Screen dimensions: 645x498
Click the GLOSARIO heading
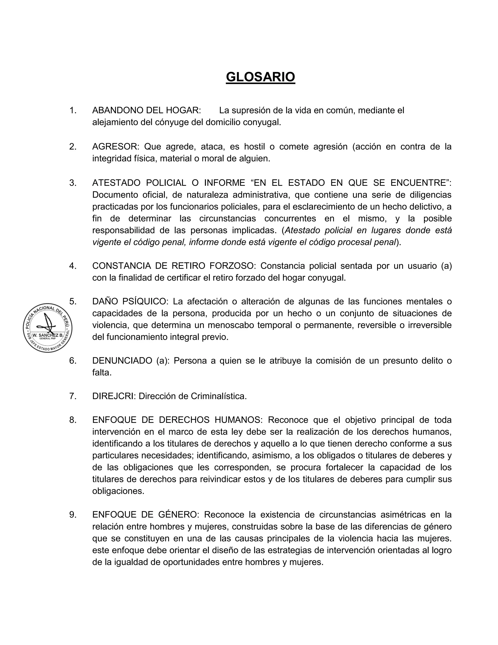pos(260,77)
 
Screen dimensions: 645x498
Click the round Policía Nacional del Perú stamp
pos(47,328)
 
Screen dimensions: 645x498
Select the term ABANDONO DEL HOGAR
pos(146,111)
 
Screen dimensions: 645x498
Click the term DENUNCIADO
pos(122,361)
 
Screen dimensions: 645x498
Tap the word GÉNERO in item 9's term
pos(179,515)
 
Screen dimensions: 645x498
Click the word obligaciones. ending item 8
pos(118,491)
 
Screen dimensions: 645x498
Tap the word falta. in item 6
pos(102,372)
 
